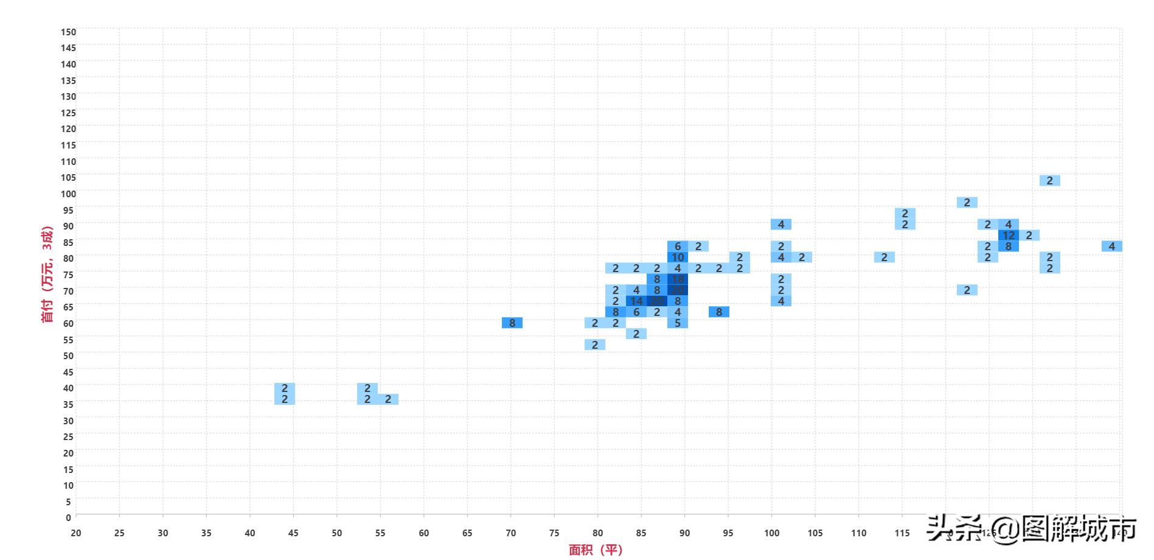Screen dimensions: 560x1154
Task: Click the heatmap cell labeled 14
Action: (x=636, y=301)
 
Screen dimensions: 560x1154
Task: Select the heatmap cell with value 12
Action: (x=1009, y=236)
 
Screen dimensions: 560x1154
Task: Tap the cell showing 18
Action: (x=678, y=279)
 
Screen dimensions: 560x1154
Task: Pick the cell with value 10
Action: (x=678, y=257)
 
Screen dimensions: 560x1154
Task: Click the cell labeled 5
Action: (x=678, y=323)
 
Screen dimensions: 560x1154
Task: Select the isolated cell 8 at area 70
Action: (x=512, y=323)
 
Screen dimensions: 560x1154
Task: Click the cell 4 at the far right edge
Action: (x=1112, y=247)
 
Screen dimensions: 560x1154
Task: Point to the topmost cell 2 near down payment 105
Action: (x=1050, y=181)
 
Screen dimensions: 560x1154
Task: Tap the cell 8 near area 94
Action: (x=719, y=312)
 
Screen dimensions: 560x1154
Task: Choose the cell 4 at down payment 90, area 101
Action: (x=781, y=225)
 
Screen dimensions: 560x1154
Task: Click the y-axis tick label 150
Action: (x=68, y=32)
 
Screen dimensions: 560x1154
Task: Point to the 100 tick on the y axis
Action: (x=68, y=194)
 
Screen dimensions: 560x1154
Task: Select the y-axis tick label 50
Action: (x=68, y=355)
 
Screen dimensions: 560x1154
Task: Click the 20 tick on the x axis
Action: (x=75, y=533)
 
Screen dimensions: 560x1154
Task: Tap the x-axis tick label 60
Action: (x=424, y=533)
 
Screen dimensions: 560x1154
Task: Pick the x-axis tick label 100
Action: (x=771, y=533)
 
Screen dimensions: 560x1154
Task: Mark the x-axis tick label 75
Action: (x=554, y=533)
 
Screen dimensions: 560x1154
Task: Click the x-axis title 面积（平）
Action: (x=596, y=550)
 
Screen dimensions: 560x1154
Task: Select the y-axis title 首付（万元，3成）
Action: (x=47, y=274)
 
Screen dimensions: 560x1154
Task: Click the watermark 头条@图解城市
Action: (x=1032, y=529)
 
